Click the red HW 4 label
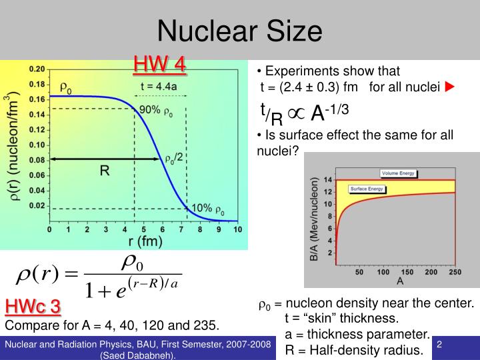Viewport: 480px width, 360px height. [159, 64]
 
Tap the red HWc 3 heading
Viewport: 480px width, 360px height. [33, 307]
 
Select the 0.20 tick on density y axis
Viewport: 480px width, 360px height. [37, 69]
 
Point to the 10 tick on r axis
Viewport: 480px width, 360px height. [237, 229]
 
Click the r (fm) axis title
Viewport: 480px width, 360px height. [143, 241]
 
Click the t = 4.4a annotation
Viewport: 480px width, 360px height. [159, 85]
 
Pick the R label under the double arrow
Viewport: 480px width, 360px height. [105, 171]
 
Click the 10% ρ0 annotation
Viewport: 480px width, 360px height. [208, 209]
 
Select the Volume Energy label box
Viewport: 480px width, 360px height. [398, 173]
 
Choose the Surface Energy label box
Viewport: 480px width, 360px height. [367, 189]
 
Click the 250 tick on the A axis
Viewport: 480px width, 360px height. [455, 272]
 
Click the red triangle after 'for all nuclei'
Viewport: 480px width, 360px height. [450, 87]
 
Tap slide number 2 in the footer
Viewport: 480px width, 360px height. [440, 345]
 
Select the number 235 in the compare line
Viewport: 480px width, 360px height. [204, 325]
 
